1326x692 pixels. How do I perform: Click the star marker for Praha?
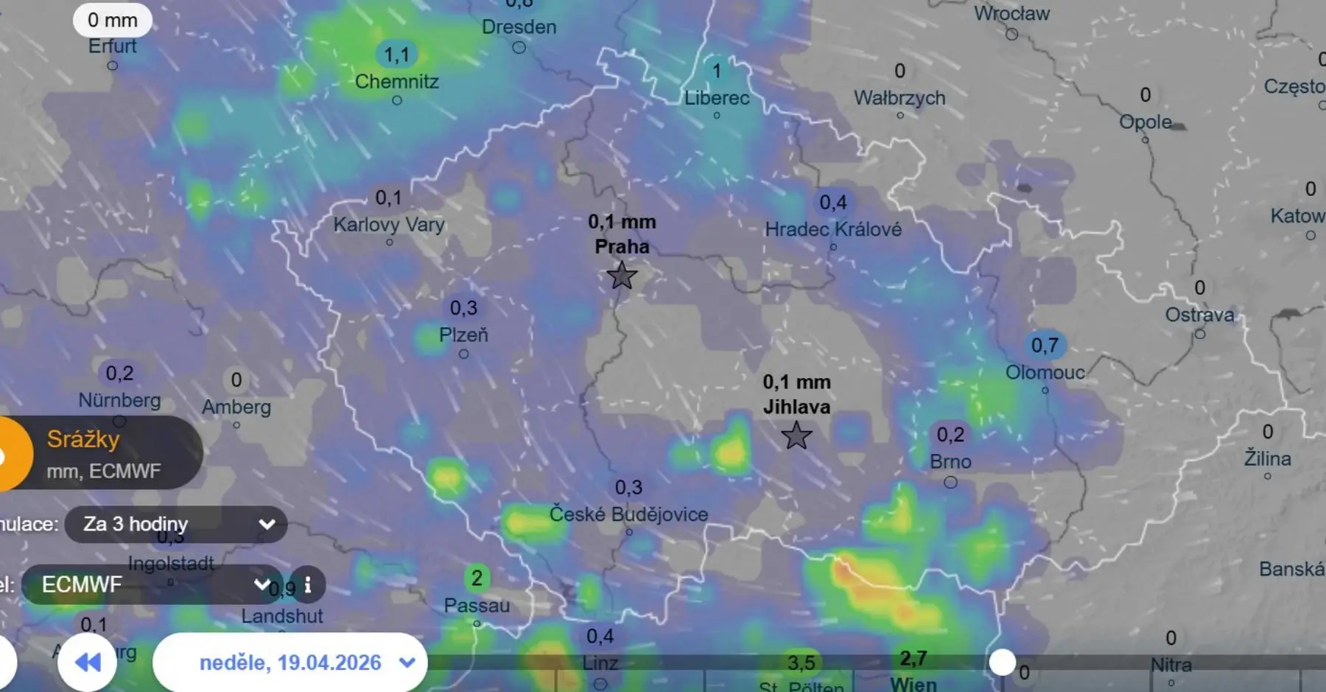[622, 276]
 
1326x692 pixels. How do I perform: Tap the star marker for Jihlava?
[796, 436]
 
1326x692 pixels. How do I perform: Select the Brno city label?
[950, 462]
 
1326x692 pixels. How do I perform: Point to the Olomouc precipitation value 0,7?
[1045, 345]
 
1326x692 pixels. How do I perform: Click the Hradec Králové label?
[833, 229]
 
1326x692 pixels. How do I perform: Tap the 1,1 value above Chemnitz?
[396, 55]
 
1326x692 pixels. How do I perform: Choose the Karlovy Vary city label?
[389, 224]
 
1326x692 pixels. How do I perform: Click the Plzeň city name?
[463, 335]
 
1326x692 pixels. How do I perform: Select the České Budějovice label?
[628, 514]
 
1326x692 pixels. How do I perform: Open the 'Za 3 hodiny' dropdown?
[176, 524]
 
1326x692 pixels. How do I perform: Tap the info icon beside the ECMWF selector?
[308, 585]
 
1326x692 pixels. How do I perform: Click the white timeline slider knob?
[1002, 662]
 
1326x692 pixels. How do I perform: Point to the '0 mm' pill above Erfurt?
[113, 20]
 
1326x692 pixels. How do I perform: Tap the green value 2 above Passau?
[477, 578]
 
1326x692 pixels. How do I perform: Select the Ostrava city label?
[1199, 315]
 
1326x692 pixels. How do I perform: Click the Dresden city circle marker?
[519, 47]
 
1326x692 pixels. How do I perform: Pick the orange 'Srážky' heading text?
[83, 439]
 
